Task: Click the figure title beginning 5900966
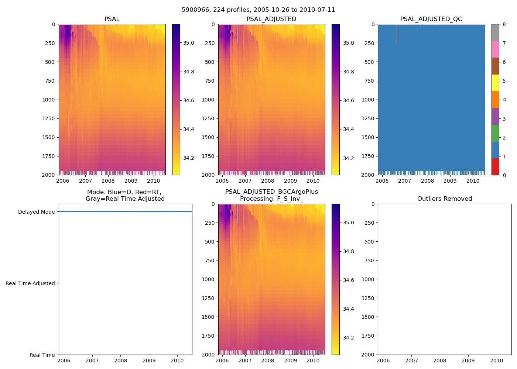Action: click(258, 10)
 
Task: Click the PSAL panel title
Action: click(112, 19)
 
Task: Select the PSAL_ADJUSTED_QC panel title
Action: click(431, 19)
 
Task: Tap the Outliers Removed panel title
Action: click(445, 199)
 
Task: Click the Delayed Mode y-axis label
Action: click(36, 212)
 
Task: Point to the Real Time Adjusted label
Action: click(30, 283)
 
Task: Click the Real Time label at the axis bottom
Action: click(42, 355)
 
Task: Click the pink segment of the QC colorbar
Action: click(495, 49)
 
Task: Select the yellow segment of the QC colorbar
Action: click(495, 83)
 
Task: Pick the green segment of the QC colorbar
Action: click(495, 133)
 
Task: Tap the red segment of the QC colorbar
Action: click(495, 166)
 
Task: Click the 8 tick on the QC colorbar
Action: click(504, 24)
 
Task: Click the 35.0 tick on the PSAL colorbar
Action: click(189, 43)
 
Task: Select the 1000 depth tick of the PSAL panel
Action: click(49, 100)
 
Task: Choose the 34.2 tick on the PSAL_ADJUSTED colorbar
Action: click(348, 158)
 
